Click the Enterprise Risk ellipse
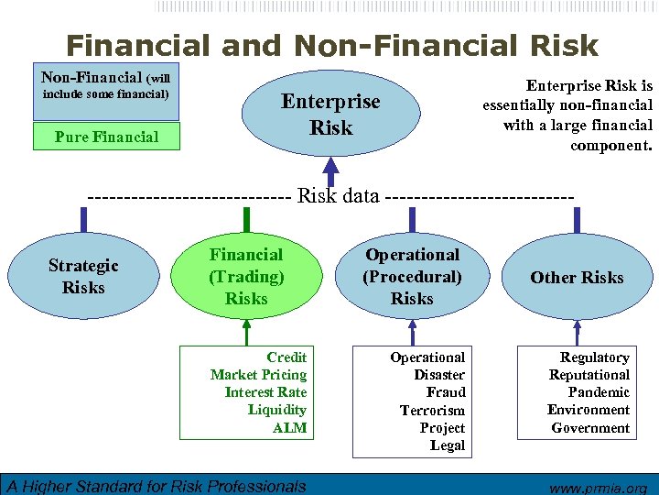(330, 115)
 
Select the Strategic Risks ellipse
(83, 276)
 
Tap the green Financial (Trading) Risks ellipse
(246, 276)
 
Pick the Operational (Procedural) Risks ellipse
(412, 276)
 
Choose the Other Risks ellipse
(577, 277)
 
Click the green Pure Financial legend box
(106, 137)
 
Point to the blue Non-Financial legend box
(106, 93)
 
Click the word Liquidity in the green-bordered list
(277, 410)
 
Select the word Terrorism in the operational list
(432, 411)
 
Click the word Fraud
(446, 392)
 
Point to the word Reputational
(589, 375)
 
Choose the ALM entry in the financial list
(289, 427)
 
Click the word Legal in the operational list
(448, 445)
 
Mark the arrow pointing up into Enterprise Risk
(331, 168)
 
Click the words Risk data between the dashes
(339, 195)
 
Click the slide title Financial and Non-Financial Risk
(331, 45)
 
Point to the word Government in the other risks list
(590, 427)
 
